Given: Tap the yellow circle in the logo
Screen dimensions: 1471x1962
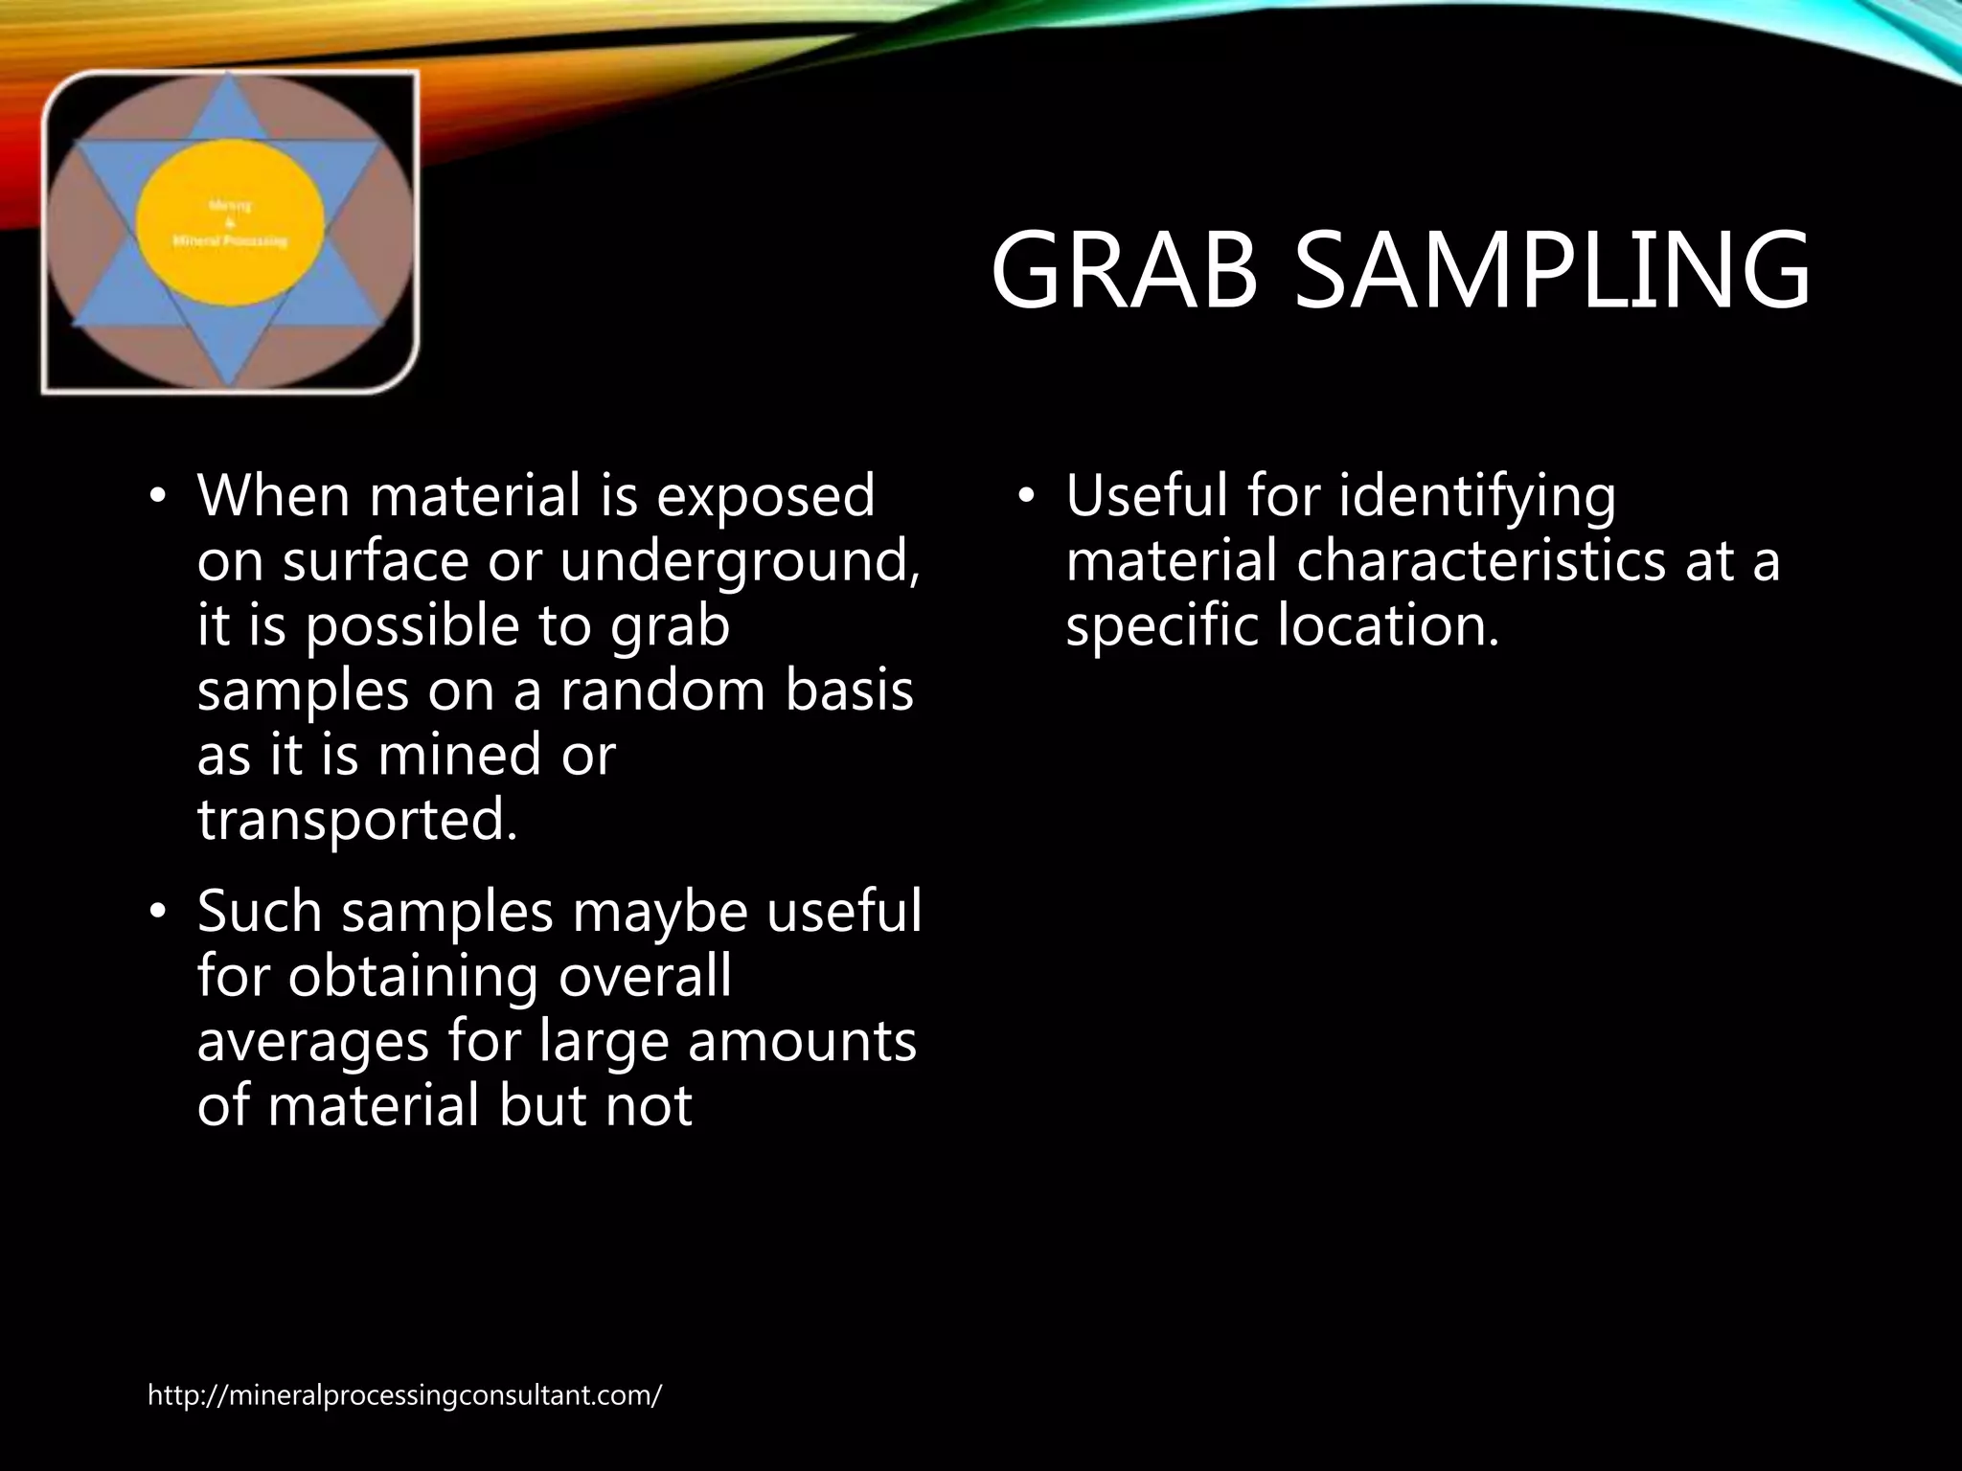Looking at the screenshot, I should pos(229,220).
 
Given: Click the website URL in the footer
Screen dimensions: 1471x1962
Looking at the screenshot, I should pos(404,1395).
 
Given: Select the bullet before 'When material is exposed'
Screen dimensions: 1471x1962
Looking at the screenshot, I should pos(158,497).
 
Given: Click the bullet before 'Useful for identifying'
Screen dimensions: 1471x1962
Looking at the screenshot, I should pos(1027,497).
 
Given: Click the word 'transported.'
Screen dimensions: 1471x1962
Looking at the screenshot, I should pos(357,820).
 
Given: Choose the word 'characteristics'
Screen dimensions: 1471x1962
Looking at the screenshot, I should pos(1481,561).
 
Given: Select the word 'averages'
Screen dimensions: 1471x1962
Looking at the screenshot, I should pos(312,1043).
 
